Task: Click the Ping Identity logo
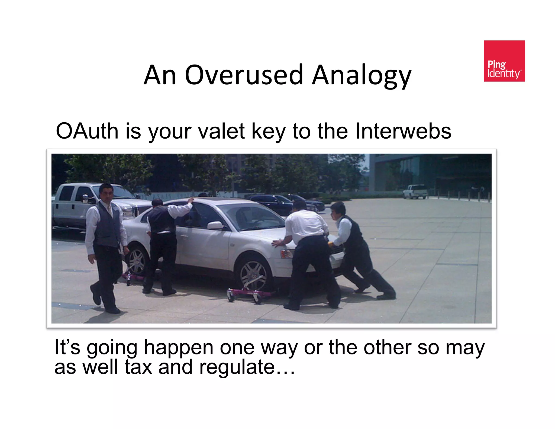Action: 504,61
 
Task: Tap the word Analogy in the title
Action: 362,75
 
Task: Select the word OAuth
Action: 87,131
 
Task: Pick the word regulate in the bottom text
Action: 237,367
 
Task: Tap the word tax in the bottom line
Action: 138,367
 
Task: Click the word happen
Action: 179,348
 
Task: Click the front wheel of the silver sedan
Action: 253,274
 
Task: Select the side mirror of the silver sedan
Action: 215,225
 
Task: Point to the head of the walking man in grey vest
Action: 106,192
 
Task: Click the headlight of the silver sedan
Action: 286,254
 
